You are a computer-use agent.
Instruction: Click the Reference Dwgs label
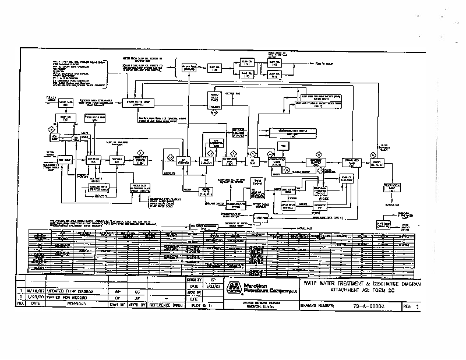167,304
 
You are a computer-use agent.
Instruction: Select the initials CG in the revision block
137,290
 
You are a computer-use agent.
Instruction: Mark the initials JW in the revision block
137,297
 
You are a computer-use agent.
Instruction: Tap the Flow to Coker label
324,63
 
